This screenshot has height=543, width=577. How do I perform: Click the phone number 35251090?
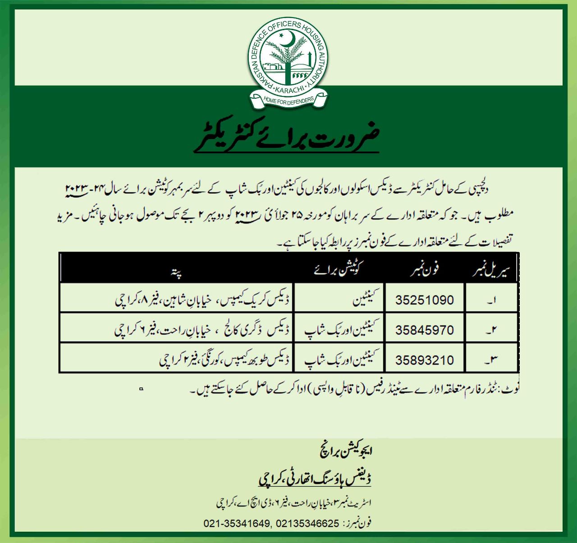coord(424,300)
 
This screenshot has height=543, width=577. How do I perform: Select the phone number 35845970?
coord(424,330)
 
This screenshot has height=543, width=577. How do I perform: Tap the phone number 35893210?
coord(424,360)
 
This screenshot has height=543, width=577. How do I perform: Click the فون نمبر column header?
coord(424,270)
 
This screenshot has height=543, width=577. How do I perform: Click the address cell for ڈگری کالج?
coord(203,330)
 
